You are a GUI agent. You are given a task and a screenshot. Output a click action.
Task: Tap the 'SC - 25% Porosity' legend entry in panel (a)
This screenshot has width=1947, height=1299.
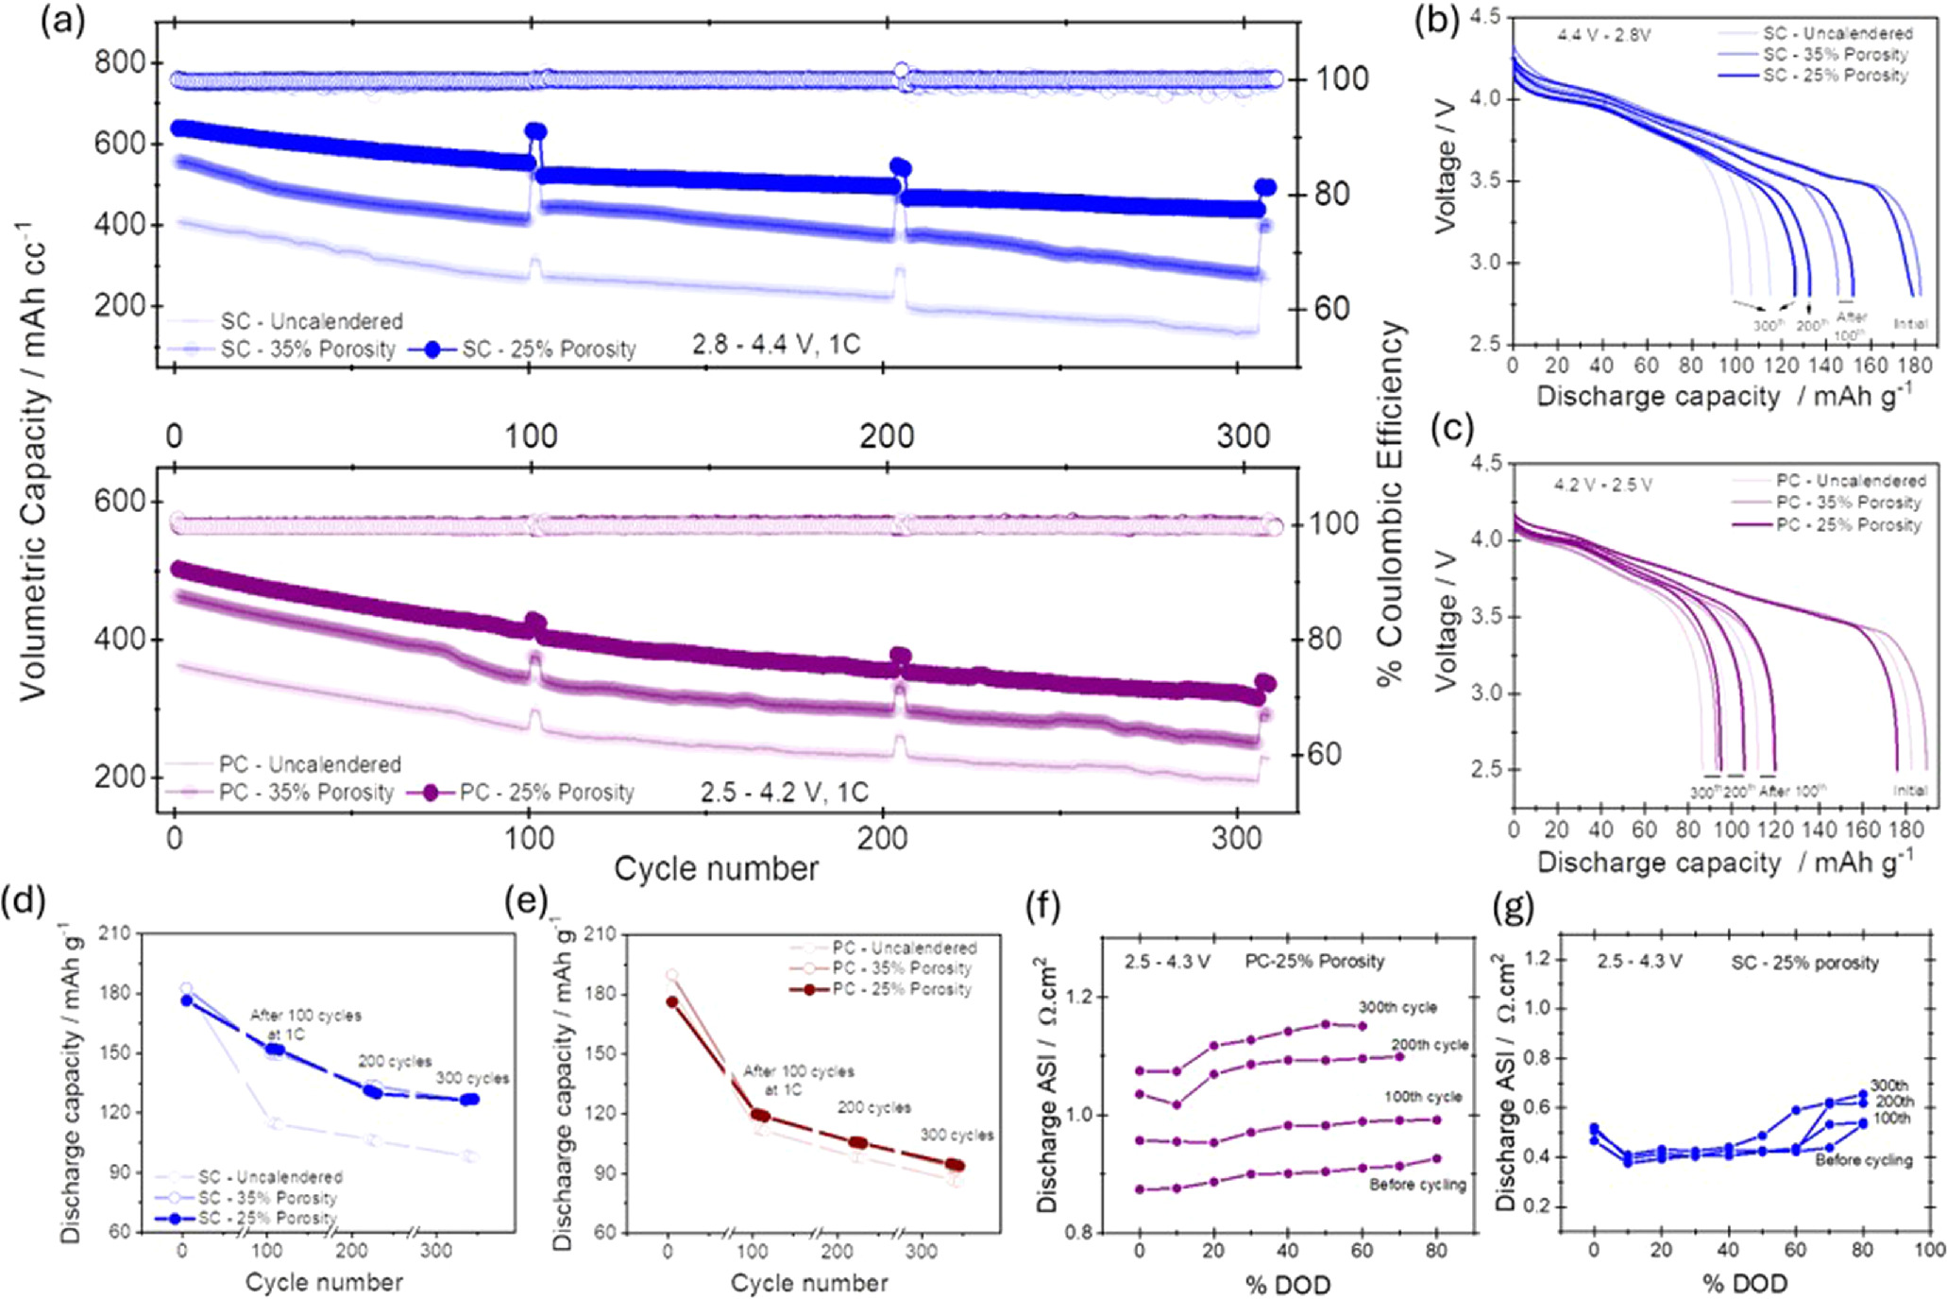click(548, 349)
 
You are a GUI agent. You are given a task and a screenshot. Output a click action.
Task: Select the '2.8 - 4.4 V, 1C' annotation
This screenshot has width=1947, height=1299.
click(775, 345)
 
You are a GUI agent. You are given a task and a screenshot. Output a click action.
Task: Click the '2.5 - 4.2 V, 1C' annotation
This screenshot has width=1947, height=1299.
click(784, 792)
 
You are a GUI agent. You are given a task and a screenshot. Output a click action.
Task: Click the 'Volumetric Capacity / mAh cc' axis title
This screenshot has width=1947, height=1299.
click(34, 463)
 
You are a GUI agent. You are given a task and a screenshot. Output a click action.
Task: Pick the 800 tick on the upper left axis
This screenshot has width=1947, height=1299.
click(120, 63)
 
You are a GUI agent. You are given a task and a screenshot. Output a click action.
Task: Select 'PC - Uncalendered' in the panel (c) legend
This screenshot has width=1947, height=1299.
click(1850, 481)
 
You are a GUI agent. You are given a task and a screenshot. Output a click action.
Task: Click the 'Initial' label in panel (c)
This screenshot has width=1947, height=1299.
click(1909, 791)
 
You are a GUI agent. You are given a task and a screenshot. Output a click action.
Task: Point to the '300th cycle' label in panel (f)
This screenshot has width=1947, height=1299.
click(1397, 1007)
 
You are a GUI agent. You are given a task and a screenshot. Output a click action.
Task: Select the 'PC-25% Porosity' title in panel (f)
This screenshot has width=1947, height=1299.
click(1314, 962)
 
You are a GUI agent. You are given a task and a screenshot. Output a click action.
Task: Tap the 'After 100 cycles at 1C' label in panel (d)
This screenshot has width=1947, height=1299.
click(305, 1024)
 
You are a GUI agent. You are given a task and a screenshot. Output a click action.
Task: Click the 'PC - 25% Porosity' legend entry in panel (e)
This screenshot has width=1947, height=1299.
click(902, 989)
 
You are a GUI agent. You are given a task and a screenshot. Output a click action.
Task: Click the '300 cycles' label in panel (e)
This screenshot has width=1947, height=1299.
click(957, 1135)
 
